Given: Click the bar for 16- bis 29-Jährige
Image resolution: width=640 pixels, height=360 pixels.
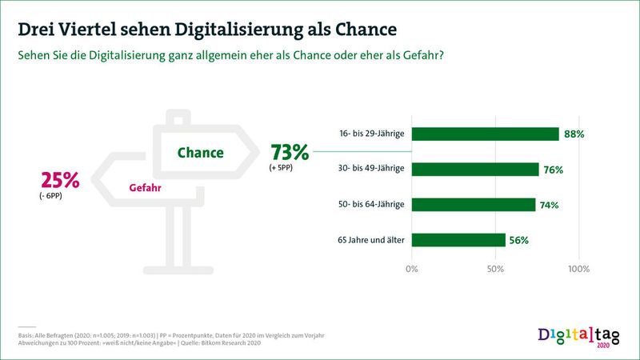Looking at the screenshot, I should tap(485, 134).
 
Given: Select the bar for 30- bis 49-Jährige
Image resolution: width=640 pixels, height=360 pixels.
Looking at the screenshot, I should tap(475, 169).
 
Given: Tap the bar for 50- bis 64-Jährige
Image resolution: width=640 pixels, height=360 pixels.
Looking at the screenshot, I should tap(473, 205).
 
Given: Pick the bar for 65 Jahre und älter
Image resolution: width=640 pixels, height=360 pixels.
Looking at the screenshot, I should tap(458, 240).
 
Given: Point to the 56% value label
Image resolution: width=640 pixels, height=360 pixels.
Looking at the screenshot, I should tap(519, 241).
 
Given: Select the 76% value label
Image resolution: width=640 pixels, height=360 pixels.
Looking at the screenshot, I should tap(554, 170).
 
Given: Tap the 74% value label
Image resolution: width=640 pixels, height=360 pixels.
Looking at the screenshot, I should tap(550, 206).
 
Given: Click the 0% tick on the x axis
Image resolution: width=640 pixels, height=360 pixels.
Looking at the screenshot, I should tap(412, 268).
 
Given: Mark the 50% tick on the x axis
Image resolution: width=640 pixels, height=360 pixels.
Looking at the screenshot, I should tap(495, 268).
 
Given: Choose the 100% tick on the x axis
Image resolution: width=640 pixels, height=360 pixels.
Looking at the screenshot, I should tap(578, 268).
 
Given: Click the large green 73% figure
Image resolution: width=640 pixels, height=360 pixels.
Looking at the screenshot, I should tap(290, 151).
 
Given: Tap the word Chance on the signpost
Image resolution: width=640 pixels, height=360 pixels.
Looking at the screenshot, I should tap(200, 152).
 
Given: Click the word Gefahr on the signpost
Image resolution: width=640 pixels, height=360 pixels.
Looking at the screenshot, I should tap(146, 190).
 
